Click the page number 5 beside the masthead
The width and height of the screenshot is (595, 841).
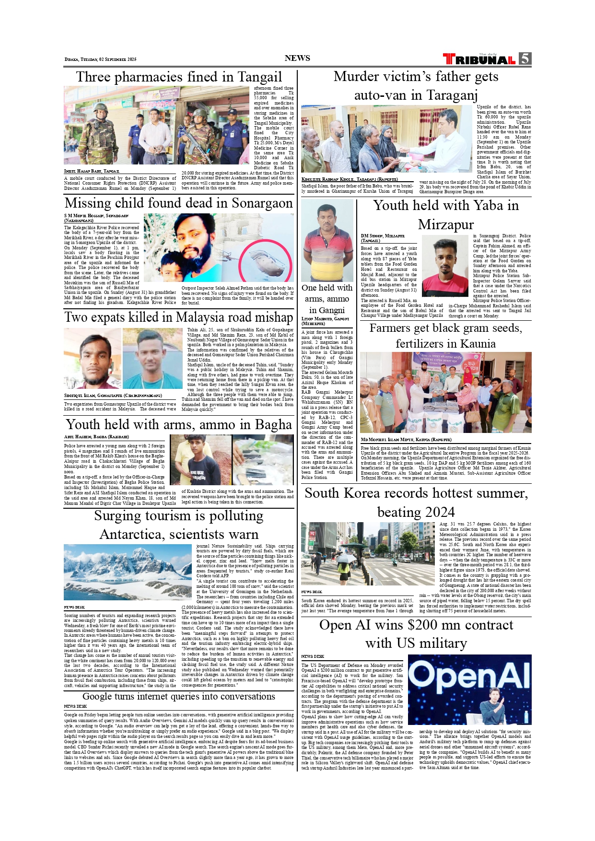[x=525, y=58]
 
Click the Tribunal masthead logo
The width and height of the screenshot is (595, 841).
[x=479, y=59]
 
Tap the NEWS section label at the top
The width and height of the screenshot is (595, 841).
[x=297, y=58]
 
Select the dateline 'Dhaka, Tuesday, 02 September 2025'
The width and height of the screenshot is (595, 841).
[x=101, y=59]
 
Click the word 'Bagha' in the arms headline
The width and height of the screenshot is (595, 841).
[x=273, y=425]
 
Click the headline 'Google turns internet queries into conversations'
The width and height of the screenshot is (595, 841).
[x=179, y=696]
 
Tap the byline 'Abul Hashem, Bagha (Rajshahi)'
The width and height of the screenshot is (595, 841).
[x=96, y=437]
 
